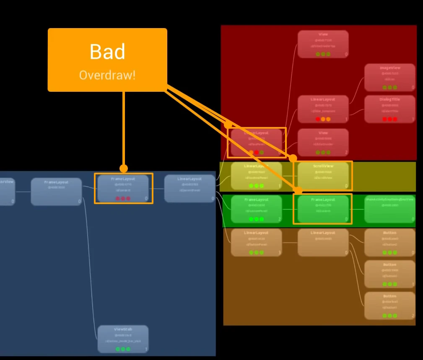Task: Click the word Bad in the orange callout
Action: pos(107,52)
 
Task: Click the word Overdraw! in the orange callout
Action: pos(107,75)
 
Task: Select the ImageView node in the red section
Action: pos(389,78)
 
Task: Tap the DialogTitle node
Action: pos(389,109)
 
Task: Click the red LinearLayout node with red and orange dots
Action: pos(323,109)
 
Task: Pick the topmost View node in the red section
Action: pos(323,44)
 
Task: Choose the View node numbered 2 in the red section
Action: pos(323,142)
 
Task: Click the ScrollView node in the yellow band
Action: pos(323,176)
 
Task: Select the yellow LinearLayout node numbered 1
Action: pos(256,176)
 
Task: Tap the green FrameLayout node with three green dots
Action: pos(256,209)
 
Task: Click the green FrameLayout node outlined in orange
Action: pos(323,209)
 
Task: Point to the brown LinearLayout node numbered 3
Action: pos(256,243)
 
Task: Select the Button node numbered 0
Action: pos(389,243)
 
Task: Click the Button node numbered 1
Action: pos(389,274)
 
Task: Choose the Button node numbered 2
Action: pos(389,306)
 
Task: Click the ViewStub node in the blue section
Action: pos(123,339)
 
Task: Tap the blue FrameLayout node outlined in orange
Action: pos(123,189)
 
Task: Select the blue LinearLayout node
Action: pos(189,189)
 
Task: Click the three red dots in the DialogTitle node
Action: pos(389,119)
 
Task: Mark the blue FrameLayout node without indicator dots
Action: pos(56,192)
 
